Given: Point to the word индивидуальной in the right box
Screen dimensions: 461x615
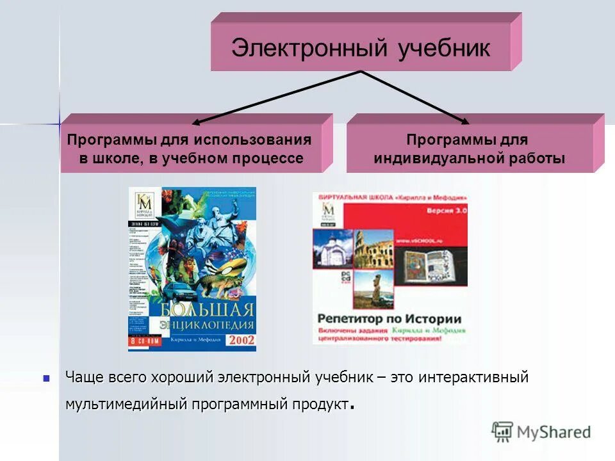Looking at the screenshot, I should (x=437, y=159).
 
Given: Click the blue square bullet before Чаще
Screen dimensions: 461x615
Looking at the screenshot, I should (x=46, y=378).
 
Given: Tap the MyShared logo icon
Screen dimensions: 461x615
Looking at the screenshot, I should (x=502, y=432).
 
